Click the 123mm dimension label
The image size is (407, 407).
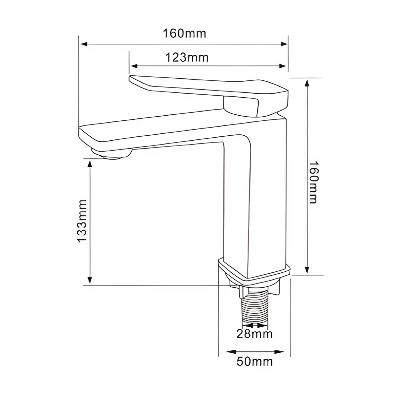tap(187, 58)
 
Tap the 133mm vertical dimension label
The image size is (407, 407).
tap(82, 221)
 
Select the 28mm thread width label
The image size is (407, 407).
tap(254, 334)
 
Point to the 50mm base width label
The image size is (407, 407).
tap(254, 362)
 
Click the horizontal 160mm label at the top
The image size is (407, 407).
tap(184, 34)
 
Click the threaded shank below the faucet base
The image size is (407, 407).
tap(254, 309)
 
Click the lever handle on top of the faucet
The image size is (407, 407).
tap(203, 86)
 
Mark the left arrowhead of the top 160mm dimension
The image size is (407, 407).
tap(83, 44)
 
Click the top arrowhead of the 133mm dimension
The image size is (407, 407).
tap(90, 164)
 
